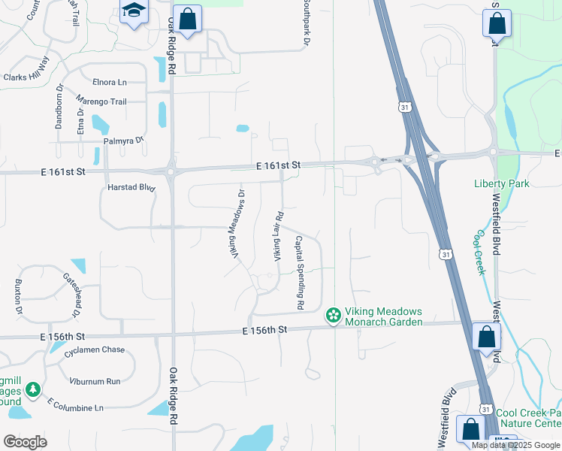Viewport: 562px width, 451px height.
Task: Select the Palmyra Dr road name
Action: point(124,141)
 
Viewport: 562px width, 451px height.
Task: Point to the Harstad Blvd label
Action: point(131,188)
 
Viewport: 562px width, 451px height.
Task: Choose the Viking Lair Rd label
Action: point(277,237)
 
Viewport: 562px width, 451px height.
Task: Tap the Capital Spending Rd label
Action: point(299,274)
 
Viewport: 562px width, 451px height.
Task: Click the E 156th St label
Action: point(265,329)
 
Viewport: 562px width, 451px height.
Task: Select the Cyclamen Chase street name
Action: point(93,350)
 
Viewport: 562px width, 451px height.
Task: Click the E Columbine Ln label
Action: point(75,407)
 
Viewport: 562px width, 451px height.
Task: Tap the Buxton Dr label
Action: point(18,297)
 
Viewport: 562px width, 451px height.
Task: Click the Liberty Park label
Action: point(501,183)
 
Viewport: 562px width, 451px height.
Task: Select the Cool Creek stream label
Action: point(477,253)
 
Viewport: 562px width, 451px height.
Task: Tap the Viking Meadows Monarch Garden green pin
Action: point(333,316)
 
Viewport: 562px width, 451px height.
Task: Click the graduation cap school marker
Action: point(134,11)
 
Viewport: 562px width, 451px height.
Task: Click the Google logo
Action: point(25,441)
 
